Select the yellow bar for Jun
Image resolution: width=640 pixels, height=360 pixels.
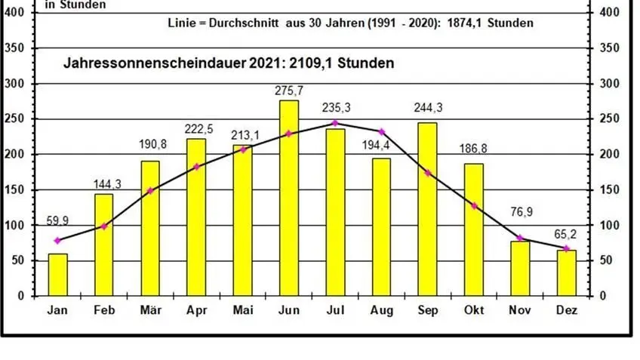288,198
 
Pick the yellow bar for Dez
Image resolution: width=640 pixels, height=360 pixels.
566,272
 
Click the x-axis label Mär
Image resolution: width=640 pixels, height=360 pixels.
149,310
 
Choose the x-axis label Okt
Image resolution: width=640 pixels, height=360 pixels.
473,310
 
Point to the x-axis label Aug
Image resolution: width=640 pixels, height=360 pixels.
381,310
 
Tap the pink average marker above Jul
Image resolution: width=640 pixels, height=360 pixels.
334,123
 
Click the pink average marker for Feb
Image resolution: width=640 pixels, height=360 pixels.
103,226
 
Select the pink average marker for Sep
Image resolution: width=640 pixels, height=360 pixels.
427,173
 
